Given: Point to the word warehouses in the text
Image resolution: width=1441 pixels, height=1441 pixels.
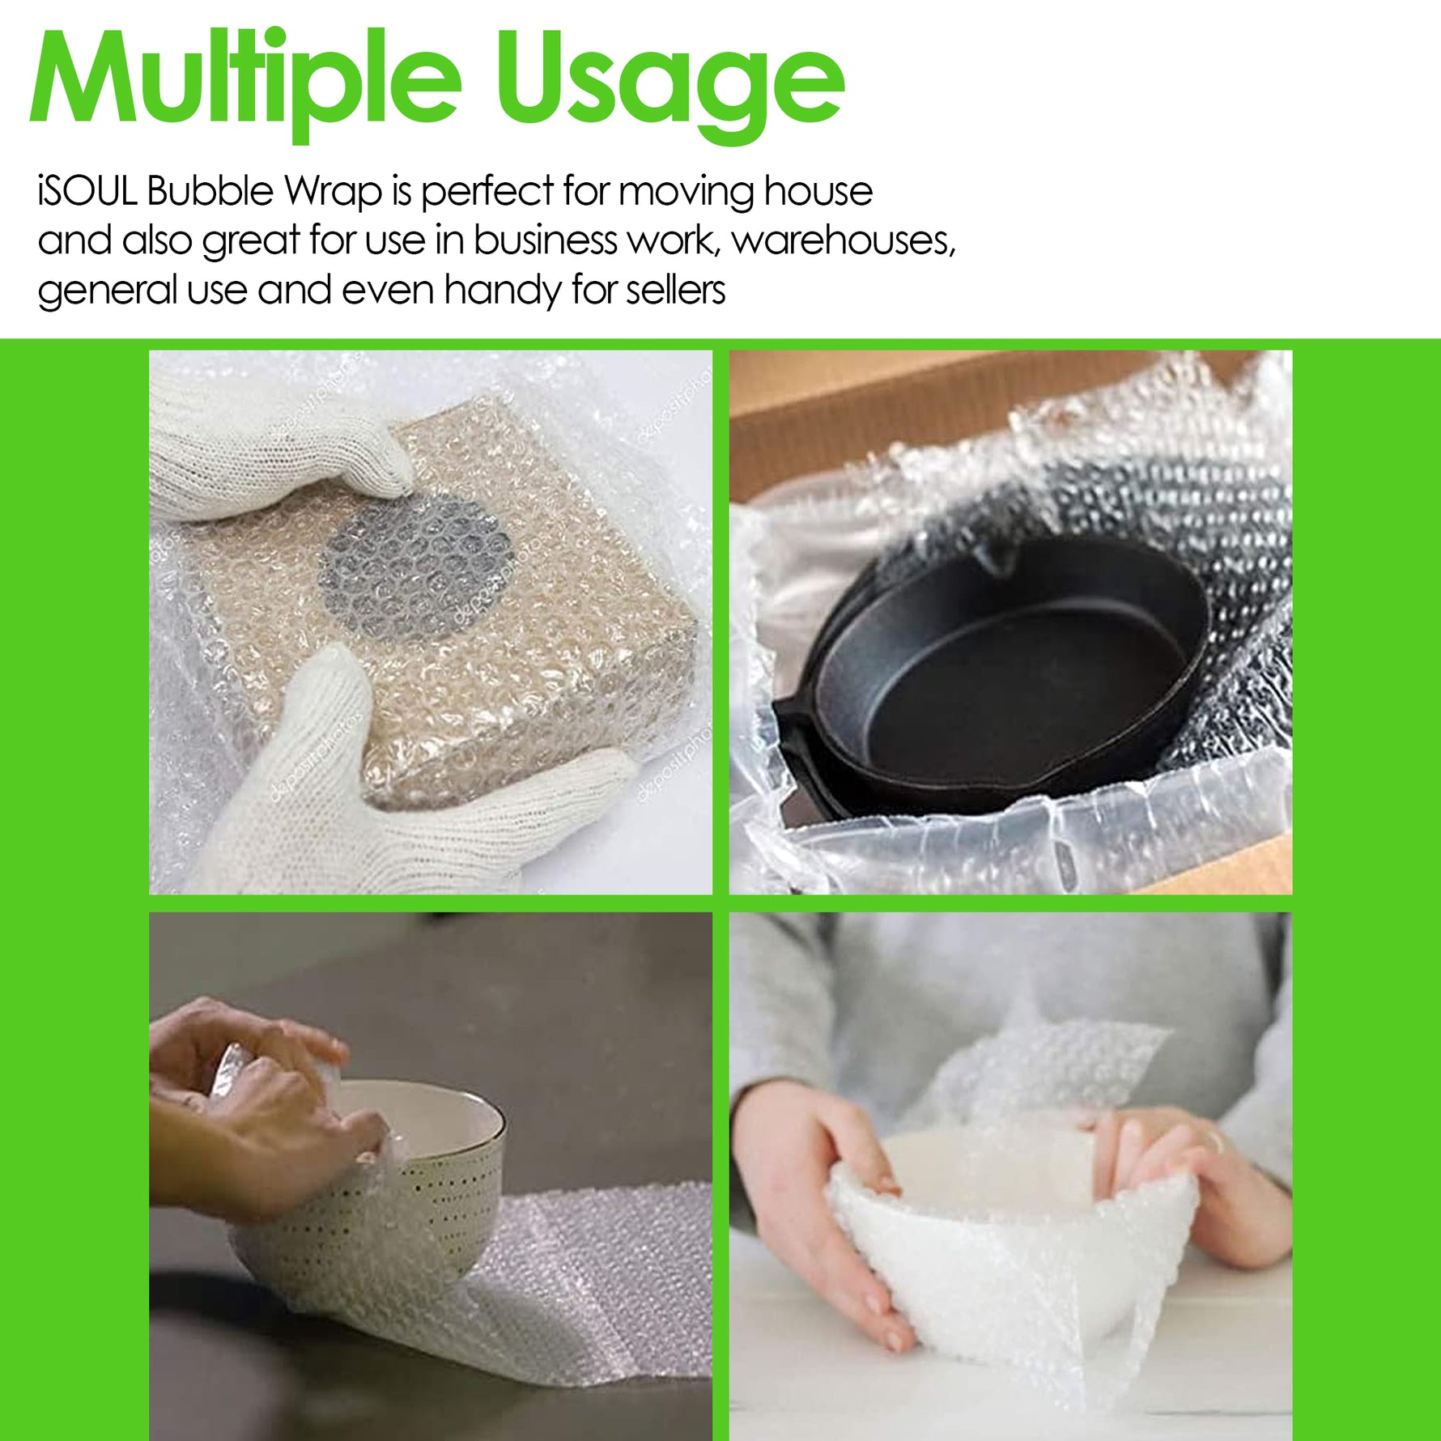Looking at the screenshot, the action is click(844, 240).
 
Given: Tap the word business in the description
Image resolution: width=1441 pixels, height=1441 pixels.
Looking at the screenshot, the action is click(546, 240).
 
